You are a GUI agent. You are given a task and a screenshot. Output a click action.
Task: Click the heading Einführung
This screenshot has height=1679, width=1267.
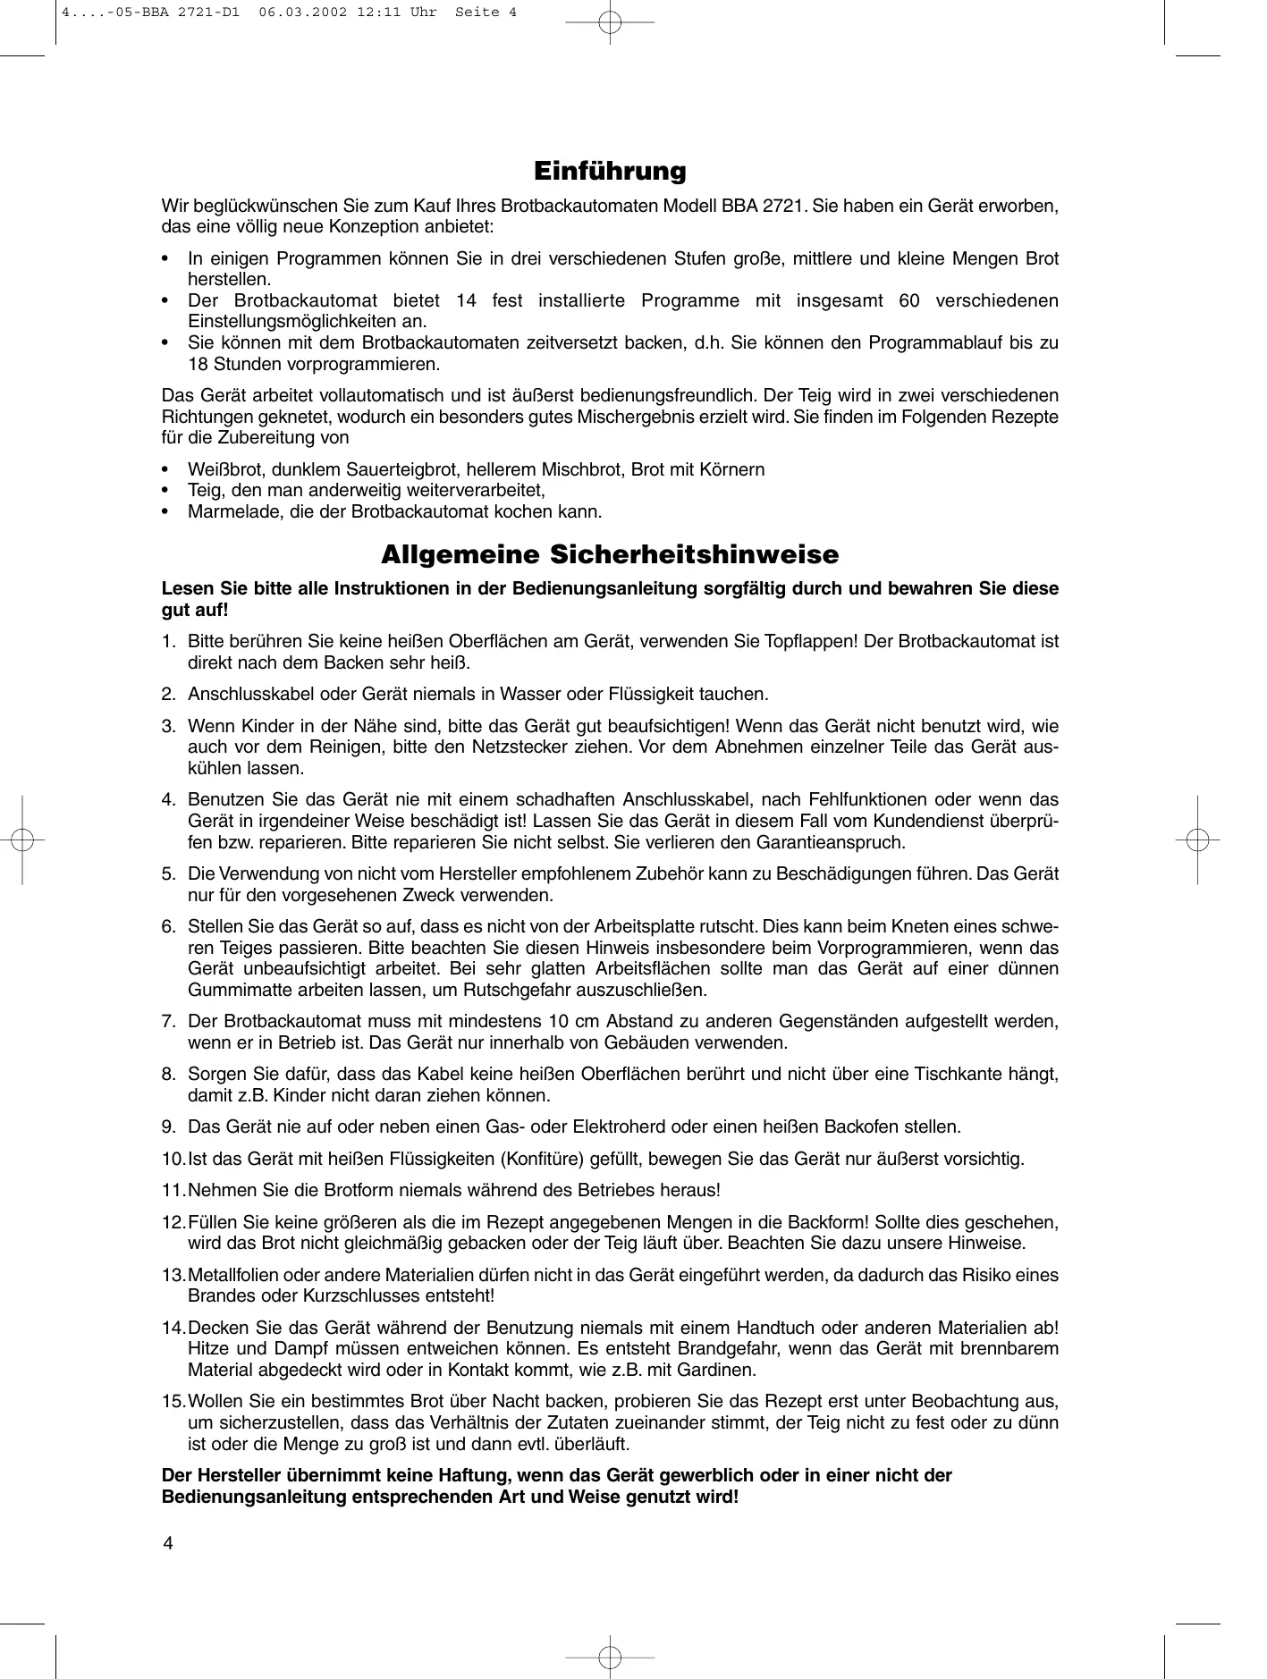(x=610, y=171)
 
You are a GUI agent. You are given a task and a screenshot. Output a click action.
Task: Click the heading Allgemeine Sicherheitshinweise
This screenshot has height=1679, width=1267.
(x=610, y=555)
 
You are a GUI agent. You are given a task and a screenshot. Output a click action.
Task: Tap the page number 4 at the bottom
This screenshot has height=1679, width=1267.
(x=167, y=1545)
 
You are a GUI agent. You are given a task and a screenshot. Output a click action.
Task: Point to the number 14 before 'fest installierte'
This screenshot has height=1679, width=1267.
(x=466, y=300)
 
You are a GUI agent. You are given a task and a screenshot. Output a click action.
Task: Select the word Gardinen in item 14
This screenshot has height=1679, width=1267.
(x=720, y=1370)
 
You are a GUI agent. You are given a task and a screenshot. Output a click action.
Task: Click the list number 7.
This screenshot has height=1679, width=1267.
(x=168, y=1021)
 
